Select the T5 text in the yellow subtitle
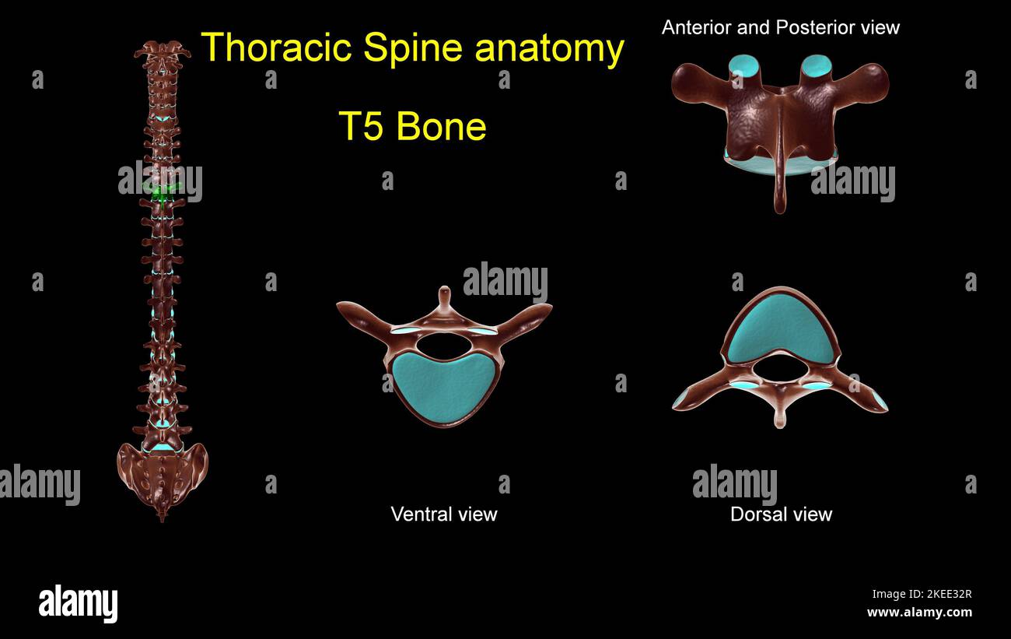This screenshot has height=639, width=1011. coord(362,126)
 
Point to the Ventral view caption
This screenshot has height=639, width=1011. coord(443,514)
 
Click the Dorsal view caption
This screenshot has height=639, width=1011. coord(781,514)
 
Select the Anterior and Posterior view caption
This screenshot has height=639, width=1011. coord(780,27)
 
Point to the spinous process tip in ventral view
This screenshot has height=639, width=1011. coord(444,293)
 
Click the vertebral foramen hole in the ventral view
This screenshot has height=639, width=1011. coord(443,343)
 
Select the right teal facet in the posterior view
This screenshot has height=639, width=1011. coord(817,65)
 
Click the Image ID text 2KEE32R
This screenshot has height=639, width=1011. coord(922,595)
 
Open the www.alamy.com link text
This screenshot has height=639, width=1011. coord(919,613)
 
